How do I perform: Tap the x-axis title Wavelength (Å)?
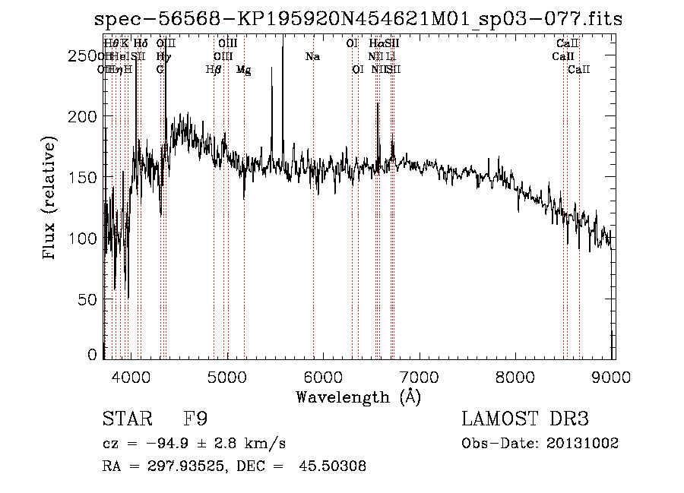[358, 397]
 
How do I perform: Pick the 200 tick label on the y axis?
[84, 116]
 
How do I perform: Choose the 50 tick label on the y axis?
[89, 299]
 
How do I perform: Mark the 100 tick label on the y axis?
[84, 239]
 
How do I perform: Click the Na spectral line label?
[312, 57]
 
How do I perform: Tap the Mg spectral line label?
[243, 70]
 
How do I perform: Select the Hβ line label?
[214, 70]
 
